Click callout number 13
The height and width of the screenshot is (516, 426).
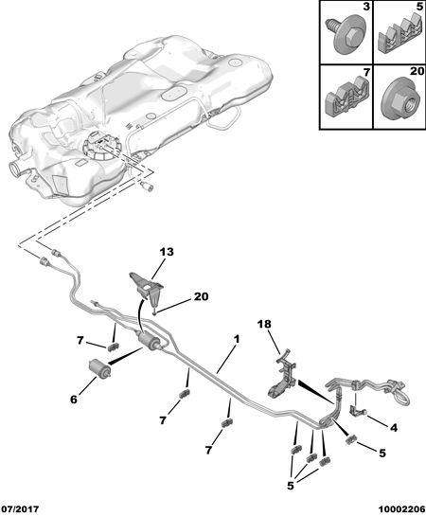point(167,252)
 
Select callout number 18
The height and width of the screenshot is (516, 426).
point(264,324)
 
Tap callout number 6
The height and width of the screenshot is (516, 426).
point(73,400)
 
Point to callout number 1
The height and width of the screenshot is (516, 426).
point(237,339)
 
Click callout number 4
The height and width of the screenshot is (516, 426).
point(394,428)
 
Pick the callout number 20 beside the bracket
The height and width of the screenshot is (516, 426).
point(201,297)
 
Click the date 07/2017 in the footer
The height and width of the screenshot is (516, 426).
point(20,509)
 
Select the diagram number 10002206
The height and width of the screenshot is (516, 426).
point(401,509)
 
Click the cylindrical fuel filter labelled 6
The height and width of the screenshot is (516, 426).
point(99,369)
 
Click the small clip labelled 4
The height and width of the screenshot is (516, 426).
point(356,410)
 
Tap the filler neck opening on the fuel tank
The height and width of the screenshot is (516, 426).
point(15,168)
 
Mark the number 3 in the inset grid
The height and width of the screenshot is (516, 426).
point(366,8)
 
